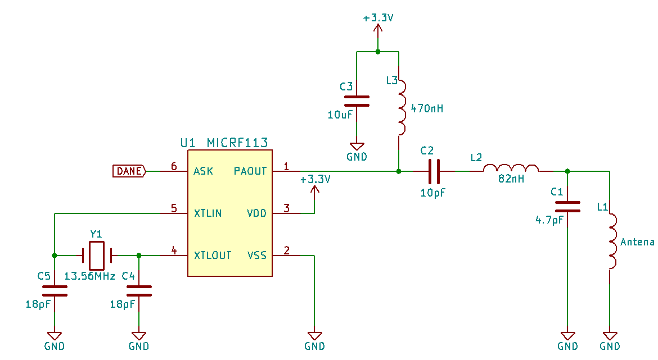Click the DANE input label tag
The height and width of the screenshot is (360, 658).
[129, 171]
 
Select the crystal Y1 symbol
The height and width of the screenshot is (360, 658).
[97, 256]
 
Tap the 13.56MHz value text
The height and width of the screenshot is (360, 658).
[89, 276]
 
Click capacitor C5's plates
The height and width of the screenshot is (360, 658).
[55, 291]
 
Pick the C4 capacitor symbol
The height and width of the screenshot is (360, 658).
[139, 291]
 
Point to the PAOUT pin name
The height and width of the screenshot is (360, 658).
[250, 171]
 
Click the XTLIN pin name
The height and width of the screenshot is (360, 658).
[208, 213]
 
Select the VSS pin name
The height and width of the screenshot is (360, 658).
[257, 255]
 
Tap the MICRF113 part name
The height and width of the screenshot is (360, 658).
[237, 143]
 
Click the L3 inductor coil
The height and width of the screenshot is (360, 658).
[402, 108]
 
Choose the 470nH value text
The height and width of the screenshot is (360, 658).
[427, 108]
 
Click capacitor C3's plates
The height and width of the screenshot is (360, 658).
[357, 101]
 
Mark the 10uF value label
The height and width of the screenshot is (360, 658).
[340, 115]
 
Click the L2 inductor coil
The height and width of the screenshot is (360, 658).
[511, 167]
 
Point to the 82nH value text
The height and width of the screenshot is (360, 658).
[511, 179]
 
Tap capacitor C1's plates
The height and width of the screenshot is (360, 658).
[567, 207]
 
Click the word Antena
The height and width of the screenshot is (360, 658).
[637, 242]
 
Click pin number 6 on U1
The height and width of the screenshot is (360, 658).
[174, 166]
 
